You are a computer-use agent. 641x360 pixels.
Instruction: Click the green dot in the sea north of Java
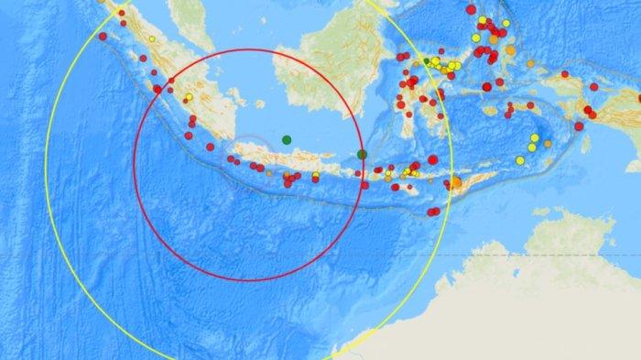tap(287, 140)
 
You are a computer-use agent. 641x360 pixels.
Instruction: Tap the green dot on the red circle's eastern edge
tap(362, 154)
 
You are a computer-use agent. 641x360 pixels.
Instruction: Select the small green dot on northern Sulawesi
tap(427, 61)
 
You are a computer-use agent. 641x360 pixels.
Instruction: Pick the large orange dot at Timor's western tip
tap(456, 183)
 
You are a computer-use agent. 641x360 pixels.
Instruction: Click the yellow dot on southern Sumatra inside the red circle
tap(188, 97)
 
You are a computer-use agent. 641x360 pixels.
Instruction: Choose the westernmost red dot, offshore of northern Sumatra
tap(103, 36)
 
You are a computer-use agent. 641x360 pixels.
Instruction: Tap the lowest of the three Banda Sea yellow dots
tap(520, 160)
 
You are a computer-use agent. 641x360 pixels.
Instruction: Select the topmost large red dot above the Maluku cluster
tap(471, 9)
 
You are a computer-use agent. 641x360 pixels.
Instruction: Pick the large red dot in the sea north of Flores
tap(432, 159)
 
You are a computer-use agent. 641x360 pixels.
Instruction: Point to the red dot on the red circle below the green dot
tap(364, 185)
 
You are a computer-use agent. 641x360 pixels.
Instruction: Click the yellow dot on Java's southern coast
tap(316, 175)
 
